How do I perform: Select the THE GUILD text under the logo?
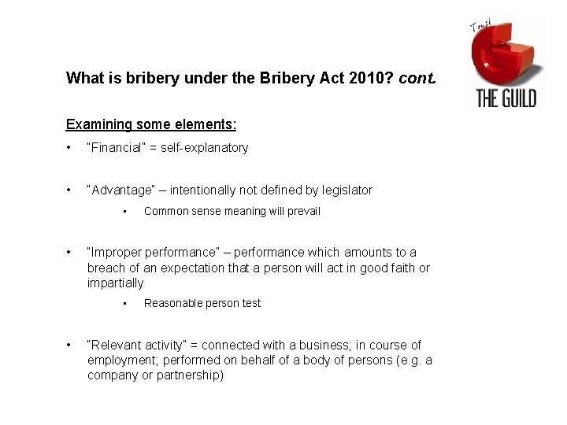pos(506,98)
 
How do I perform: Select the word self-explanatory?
pos(204,147)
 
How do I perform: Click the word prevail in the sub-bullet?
pos(302,211)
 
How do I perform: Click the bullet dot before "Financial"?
pos(69,148)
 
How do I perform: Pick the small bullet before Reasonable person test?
pos(125,304)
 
